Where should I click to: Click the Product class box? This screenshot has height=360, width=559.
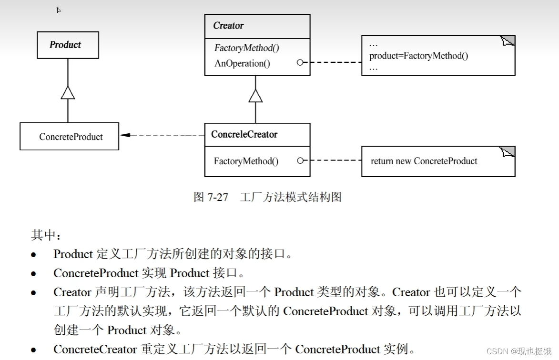[68, 45]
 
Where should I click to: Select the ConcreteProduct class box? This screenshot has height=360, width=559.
[70, 137]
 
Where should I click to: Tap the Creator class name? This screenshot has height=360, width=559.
[228, 26]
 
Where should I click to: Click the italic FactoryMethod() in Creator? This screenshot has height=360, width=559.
[247, 48]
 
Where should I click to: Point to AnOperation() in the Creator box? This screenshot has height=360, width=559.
[242, 63]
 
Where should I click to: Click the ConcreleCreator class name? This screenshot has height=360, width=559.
[244, 135]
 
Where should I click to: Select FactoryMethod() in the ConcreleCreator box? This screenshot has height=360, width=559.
[246, 161]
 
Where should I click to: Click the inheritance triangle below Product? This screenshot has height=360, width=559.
[68, 92]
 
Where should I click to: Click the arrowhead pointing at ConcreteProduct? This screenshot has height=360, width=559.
[125, 135]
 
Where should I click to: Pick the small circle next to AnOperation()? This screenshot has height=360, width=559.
[300, 62]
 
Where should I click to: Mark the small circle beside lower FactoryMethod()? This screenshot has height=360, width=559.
[300, 161]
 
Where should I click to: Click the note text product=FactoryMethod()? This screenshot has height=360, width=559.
[418, 56]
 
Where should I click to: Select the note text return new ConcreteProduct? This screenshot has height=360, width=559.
[424, 161]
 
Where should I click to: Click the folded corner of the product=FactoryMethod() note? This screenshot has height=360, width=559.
[508, 41]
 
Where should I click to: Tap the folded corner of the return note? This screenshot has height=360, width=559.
[508, 152]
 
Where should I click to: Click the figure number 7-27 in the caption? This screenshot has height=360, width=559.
[218, 197]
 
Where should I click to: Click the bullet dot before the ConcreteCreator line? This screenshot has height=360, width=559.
[33, 350]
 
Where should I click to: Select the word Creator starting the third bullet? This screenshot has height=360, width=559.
[72, 292]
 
